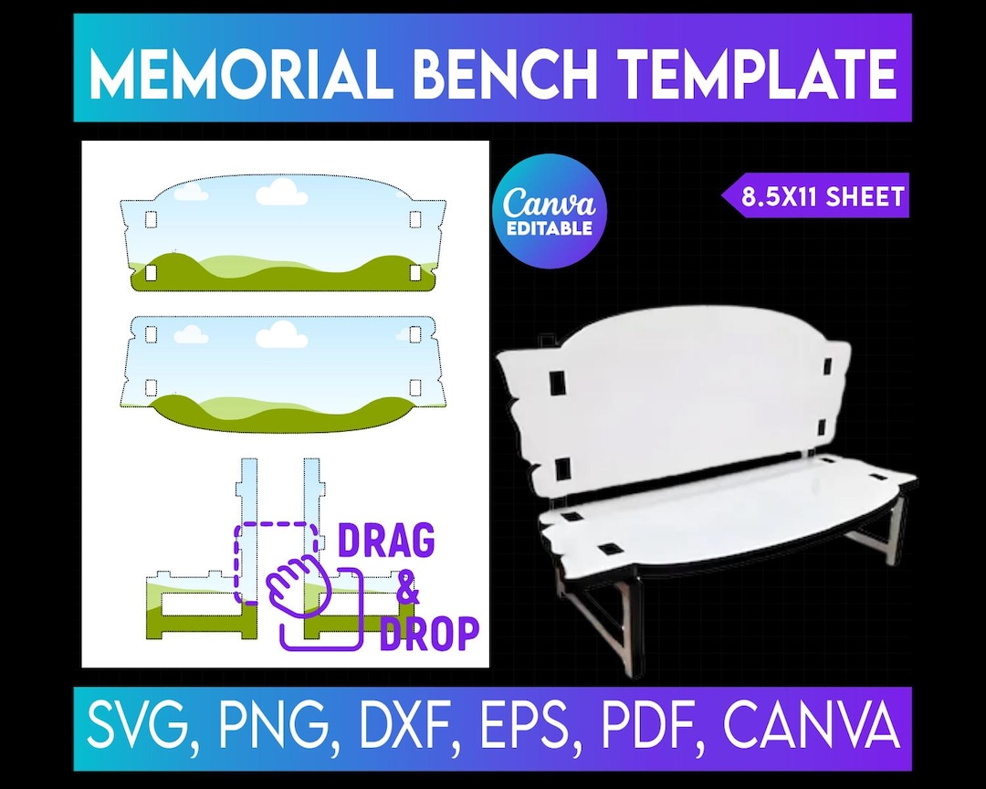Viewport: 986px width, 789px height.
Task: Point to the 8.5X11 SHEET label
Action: [822, 196]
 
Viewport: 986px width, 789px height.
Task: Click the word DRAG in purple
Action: [386, 542]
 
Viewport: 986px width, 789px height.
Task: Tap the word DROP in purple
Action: [429, 633]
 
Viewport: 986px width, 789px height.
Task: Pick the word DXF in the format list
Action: [393, 728]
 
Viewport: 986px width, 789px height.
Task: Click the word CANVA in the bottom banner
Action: [808, 728]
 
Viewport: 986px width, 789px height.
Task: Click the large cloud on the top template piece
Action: [280, 192]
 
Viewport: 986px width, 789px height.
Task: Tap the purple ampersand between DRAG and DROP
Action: [408, 591]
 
